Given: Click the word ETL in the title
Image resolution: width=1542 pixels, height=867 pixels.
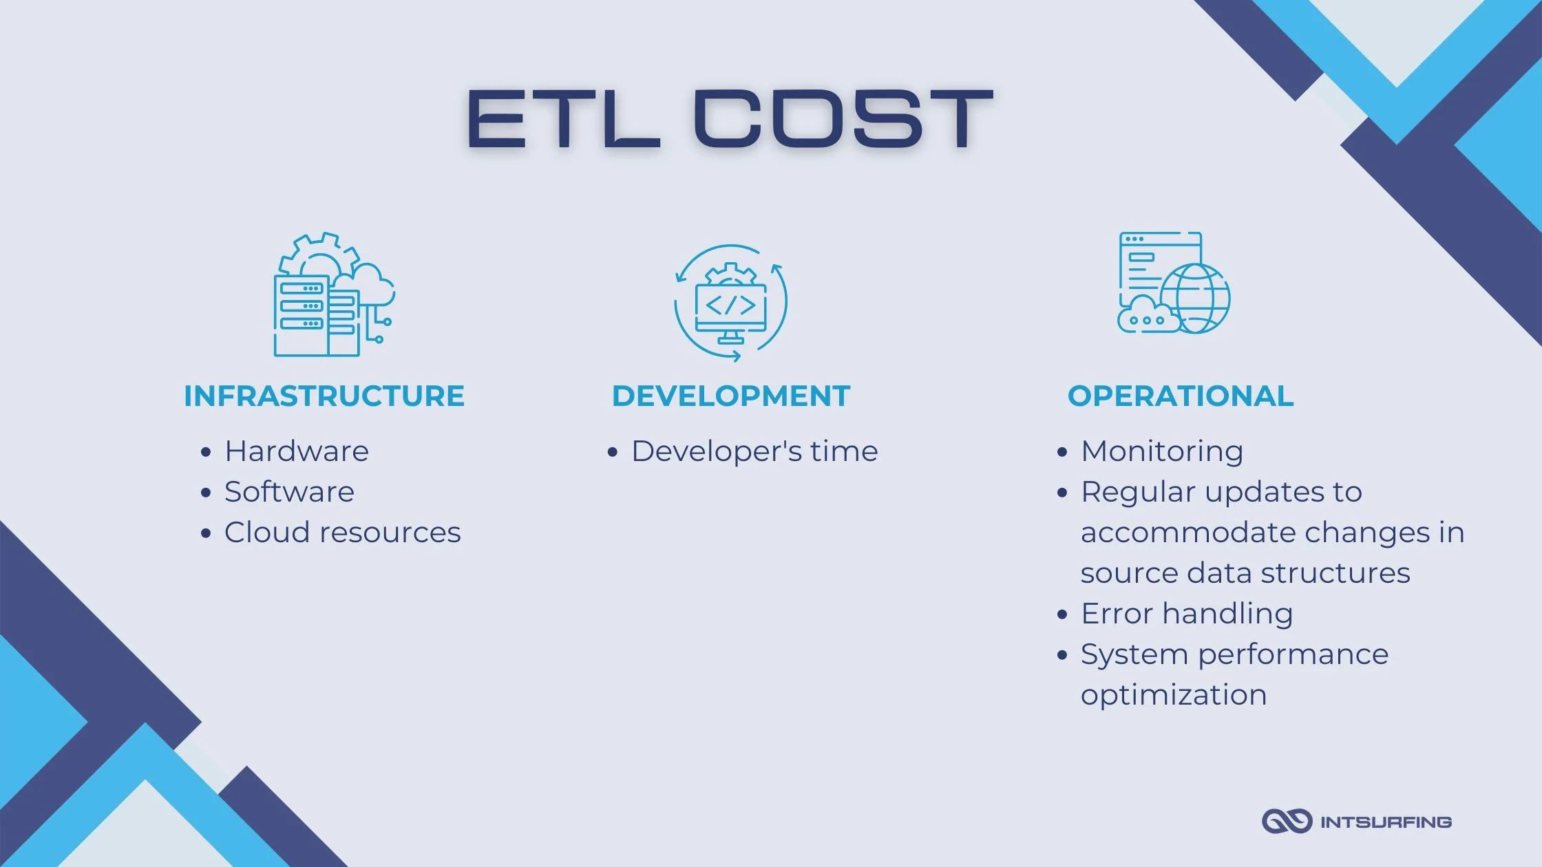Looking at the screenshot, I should coord(562,119).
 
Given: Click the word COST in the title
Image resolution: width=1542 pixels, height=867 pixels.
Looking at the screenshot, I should coord(843,119).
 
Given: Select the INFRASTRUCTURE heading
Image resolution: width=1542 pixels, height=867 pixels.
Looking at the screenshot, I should coord(324,396).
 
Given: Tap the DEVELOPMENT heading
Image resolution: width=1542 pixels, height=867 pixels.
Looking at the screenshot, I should coord(731,396).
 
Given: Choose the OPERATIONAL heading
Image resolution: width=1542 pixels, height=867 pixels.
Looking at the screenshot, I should coord(1181,396).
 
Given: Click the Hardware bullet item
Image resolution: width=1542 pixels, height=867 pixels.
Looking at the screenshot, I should coord(297,451).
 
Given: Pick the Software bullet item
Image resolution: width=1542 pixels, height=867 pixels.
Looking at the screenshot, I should coord(289,492).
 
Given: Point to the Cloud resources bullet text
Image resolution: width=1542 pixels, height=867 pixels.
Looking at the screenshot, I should coord(342,533).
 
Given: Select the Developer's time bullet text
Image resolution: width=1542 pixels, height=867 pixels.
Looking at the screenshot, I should coord(754,451).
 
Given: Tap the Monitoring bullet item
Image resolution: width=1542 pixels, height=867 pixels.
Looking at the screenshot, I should coord(1162,451).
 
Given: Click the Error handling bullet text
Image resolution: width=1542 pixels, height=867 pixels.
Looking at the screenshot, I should coord(1187,614).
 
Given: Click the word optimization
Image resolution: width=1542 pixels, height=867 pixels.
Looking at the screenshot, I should coord(1174,695).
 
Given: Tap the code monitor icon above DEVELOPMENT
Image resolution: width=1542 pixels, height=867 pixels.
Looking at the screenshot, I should coord(730,303).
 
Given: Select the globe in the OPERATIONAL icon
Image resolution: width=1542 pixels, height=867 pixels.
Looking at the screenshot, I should coord(1196,298).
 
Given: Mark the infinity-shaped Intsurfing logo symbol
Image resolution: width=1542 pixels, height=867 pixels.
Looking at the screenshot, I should coord(1286,821).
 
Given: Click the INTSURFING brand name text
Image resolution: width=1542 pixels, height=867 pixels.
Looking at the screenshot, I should coord(1385,822).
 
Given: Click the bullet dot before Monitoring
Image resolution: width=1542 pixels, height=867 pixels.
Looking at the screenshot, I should coord(1062,452).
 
